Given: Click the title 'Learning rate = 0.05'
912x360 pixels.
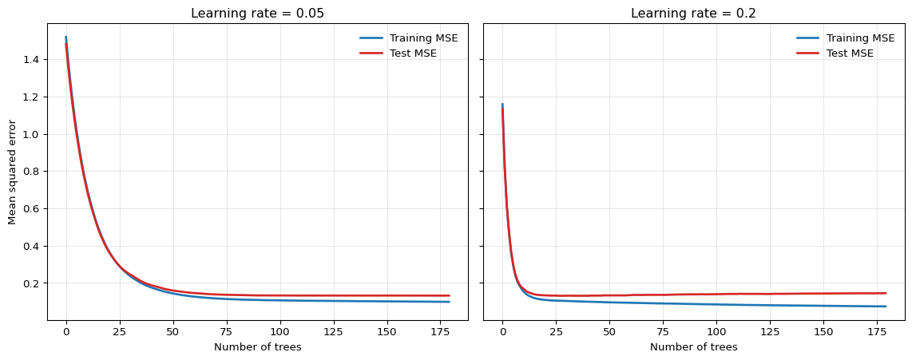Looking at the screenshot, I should point(257,14).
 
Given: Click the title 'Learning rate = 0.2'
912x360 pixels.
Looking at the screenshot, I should point(693,14).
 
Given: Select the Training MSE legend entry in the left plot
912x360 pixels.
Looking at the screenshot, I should point(423,38).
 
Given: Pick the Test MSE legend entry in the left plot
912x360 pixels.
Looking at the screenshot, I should point(413,53).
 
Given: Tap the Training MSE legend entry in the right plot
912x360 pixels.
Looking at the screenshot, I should point(860,38).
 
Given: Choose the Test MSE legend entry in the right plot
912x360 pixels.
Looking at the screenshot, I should point(850,53).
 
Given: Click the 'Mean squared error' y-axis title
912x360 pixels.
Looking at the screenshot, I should point(12,172).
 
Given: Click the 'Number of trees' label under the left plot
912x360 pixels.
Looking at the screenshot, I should point(257,347).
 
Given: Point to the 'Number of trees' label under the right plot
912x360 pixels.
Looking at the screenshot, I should point(693,347).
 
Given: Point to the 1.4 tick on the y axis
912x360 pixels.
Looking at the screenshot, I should point(32,60).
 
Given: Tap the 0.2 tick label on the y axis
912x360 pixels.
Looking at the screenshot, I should point(32,283).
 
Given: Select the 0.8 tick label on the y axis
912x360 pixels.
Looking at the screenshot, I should point(32,172).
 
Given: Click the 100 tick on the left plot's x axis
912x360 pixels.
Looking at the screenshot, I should point(280,331).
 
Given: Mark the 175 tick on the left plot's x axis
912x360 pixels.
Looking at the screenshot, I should point(440,331).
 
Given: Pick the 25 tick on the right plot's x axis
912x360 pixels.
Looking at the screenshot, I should point(556,331).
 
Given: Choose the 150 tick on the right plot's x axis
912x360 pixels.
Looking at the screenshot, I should point(823,331).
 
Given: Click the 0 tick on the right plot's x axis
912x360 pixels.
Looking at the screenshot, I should point(502,331).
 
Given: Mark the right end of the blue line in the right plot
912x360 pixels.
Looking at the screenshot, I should point(886,307).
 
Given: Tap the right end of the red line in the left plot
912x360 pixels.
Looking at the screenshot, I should point(449,296).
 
